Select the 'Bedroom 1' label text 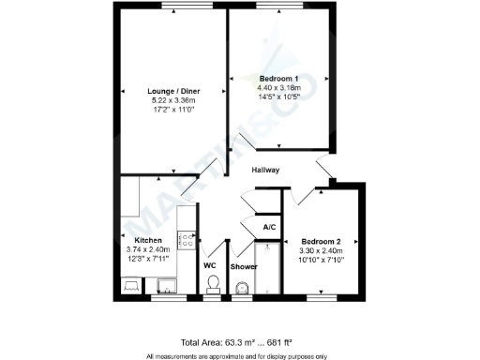click(278, 77)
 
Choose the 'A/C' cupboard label click(269, 228)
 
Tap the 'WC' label click(210, 266)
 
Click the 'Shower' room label click(244, 266)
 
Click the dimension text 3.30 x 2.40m click(321, 250)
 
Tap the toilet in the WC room click(213, 284)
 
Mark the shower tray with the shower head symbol click(267, 267)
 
